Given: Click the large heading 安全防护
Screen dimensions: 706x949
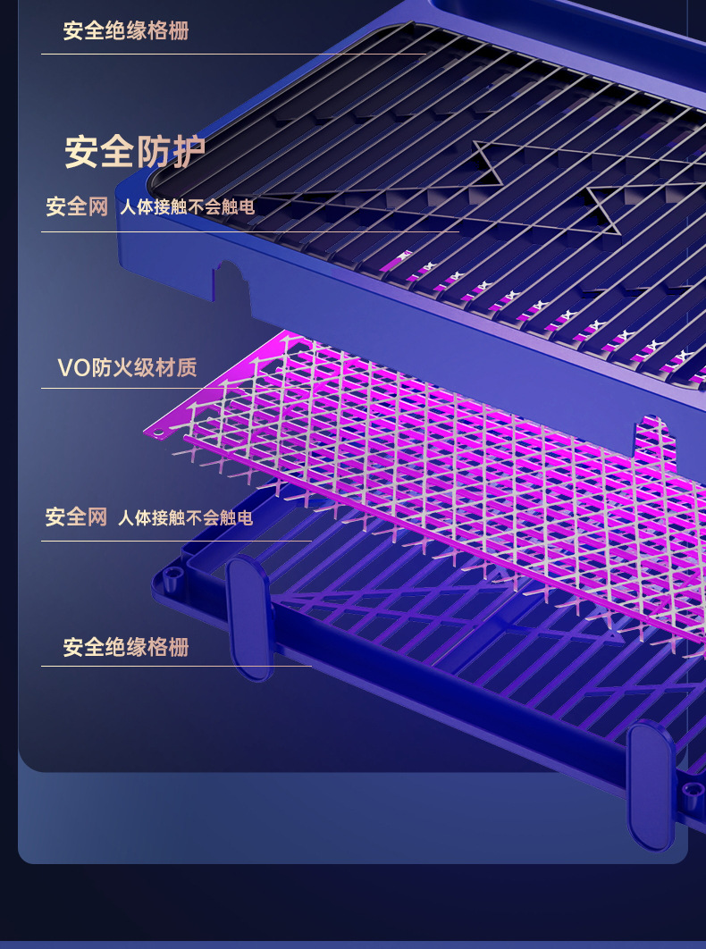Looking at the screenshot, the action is tap(135, 152).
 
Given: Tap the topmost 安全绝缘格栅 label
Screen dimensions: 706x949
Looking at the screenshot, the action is tap(125, 32).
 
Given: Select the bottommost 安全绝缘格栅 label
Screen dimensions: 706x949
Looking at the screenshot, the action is tap(125, 647).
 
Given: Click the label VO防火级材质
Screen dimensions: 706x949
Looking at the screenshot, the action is tap(127, 368).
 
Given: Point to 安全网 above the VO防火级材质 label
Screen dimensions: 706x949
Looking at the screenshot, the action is tap(77, 207).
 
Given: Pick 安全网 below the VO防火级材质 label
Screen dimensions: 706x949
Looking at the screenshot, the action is tap(76, 517).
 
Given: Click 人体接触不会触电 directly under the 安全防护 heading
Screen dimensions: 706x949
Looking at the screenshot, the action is tap(187, 208).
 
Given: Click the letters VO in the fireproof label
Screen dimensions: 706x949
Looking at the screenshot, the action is tap(73, 368).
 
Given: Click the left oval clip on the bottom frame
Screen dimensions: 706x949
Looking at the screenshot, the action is tap(249, 617).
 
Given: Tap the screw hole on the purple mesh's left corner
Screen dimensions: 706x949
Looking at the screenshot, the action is tap(159, 433).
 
